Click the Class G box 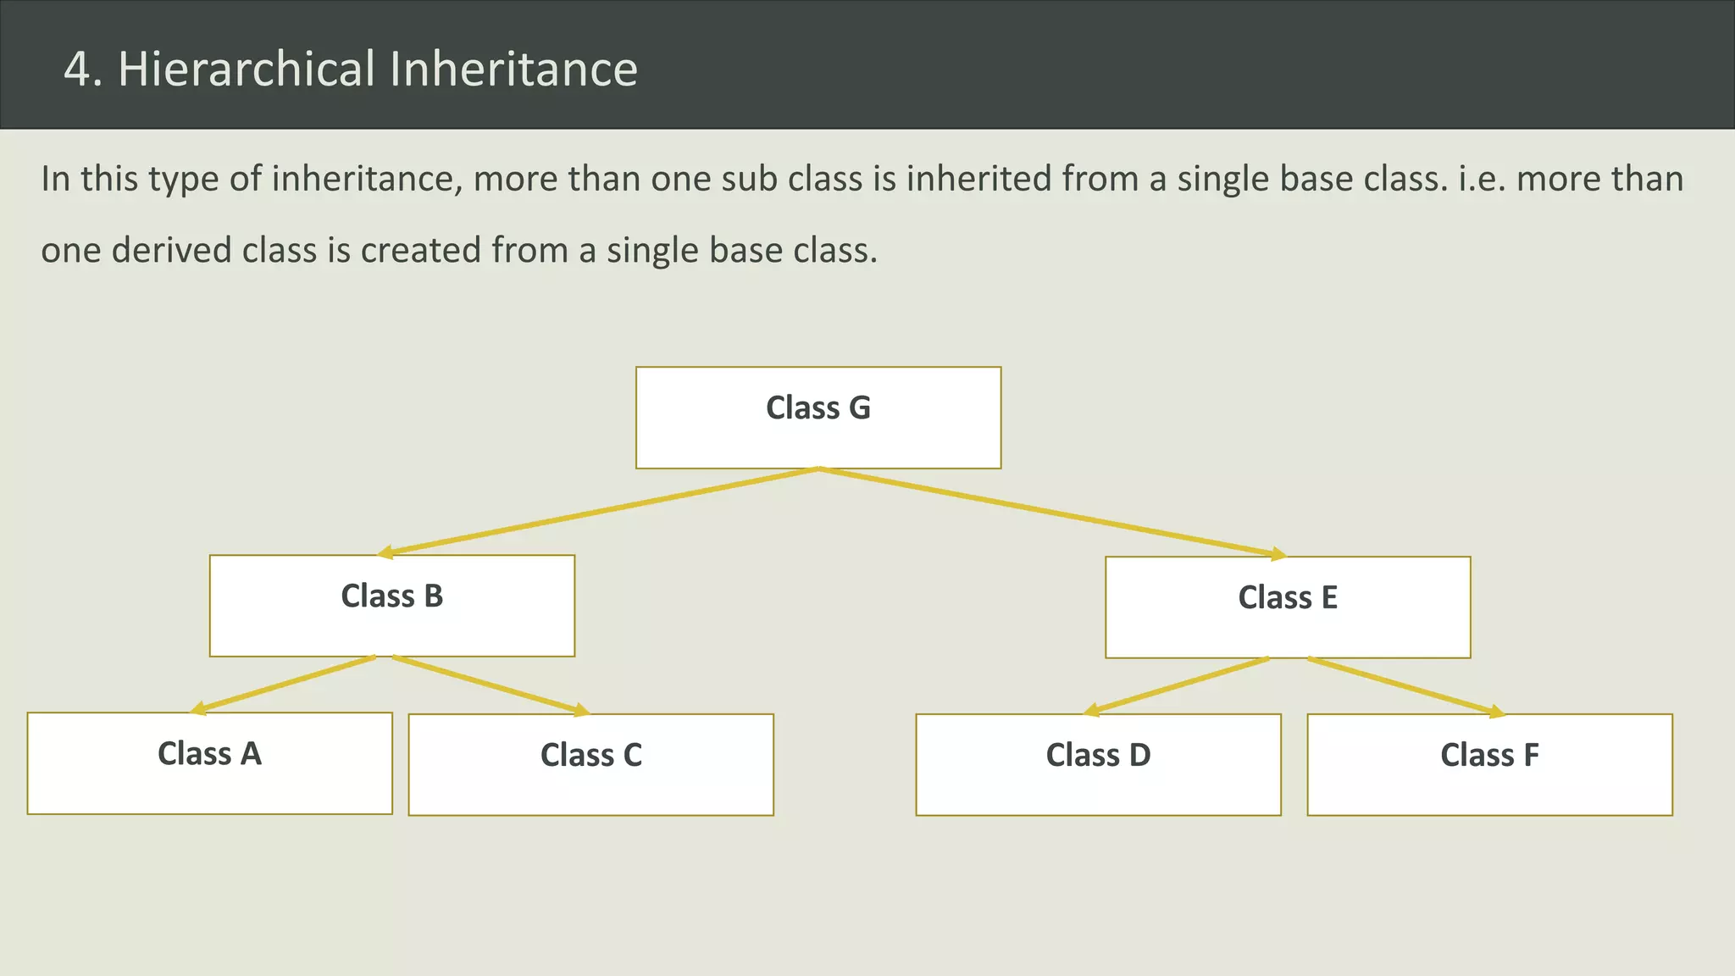click(818, 418)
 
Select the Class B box click(392, 606)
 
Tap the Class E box click(1288, 607)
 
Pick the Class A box click(209, 763)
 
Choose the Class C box click(590, 765)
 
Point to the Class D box click(1098, 765)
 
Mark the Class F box click(1489, 765)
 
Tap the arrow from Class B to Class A click(284, 685)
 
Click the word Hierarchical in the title click(247, 69)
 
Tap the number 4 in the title click(77, 69)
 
